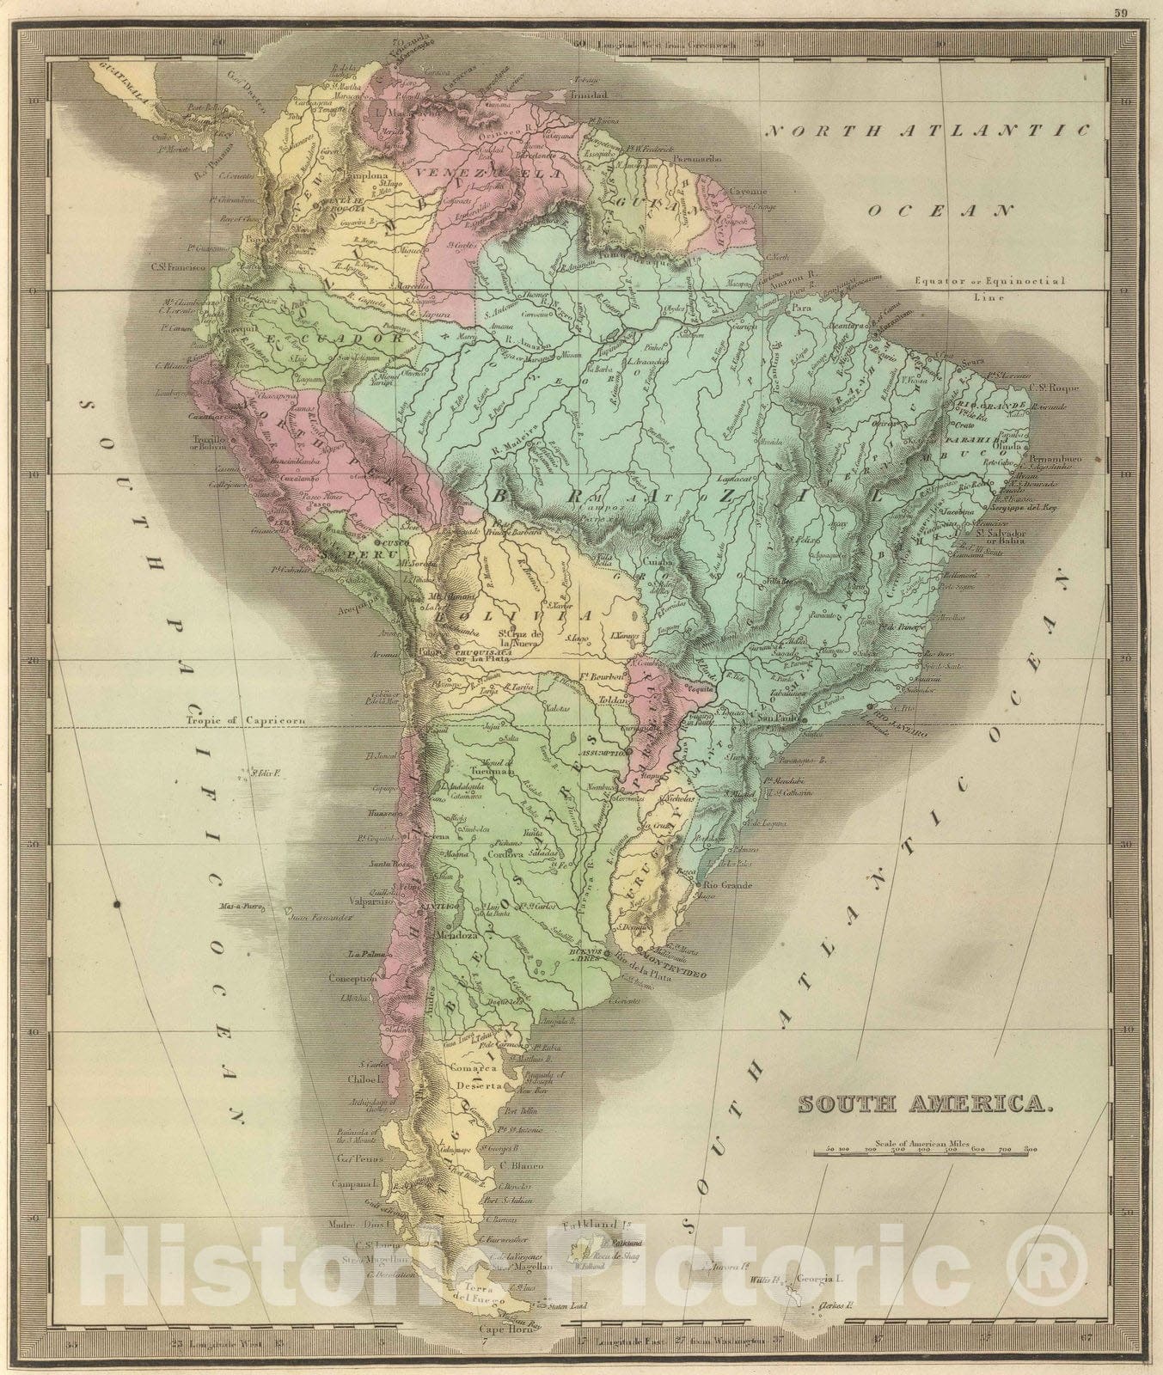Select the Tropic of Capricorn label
(234, 723)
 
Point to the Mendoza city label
(457, 935)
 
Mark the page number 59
(1142, 13)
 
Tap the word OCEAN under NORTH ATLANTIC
(940, 209)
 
